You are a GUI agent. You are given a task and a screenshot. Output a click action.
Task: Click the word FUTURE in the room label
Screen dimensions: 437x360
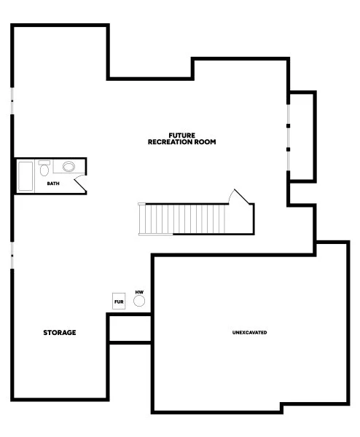[181, 135]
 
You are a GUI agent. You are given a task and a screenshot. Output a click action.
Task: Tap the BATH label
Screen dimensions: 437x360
[53, 184]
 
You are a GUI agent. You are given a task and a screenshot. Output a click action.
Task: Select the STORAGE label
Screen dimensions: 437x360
[59, 332]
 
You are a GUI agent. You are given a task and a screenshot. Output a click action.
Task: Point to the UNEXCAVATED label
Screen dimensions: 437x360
[249, 332]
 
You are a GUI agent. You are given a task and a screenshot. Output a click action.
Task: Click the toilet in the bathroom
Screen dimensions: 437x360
[44, 170]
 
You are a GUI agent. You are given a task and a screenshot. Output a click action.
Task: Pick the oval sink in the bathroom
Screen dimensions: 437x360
[69, 167]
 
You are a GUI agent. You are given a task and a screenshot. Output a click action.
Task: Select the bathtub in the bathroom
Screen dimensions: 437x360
[25, 176]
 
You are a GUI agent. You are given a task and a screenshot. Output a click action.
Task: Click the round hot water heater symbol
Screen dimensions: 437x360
[138, 300]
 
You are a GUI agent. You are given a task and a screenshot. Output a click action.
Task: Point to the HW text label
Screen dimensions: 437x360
[138, 291]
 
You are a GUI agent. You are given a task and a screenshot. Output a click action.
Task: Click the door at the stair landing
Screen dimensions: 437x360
[240, 197]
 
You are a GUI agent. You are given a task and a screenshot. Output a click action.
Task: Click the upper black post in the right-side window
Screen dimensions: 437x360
[289, 125]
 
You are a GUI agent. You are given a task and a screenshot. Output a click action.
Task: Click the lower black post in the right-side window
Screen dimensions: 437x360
[289, 149]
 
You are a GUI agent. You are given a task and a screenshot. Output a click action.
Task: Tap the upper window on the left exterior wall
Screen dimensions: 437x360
[12, 102]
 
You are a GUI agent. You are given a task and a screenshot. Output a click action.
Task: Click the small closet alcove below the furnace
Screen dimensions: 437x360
[129, 328]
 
